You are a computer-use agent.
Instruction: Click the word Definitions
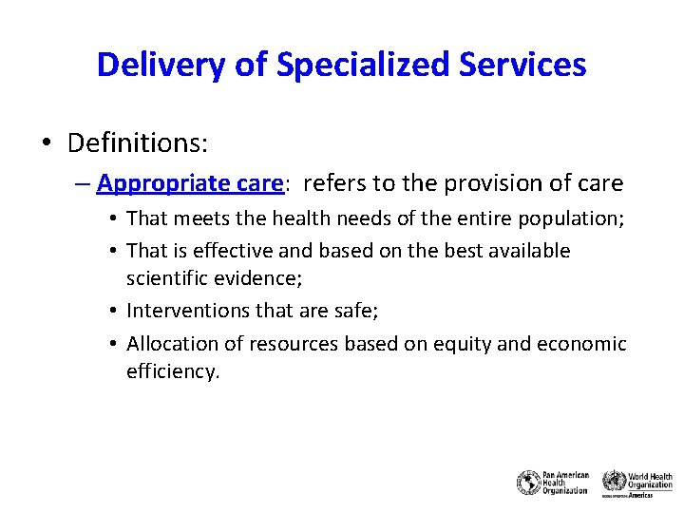[x=138, y=143]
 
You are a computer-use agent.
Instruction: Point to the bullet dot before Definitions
[x=46, y=144]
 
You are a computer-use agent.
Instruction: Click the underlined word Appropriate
[x=156, y=182]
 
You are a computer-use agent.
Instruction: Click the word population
[x=569, y=218]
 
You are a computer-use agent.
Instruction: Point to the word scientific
[x=167, y=277]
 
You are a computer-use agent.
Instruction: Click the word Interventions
[x=186, y=310]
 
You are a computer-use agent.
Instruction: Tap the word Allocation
[x=171, y=343]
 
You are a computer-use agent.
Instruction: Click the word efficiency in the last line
[x=171, y=370]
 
